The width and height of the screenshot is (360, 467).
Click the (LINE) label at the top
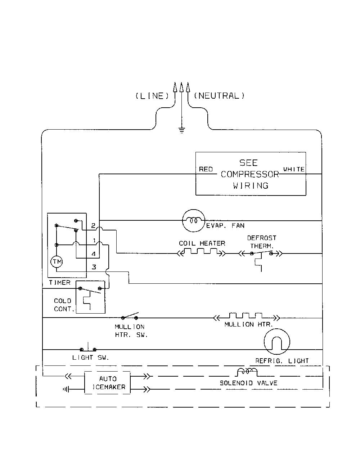tap(152, 96)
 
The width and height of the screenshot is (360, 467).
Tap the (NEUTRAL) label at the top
tap(219, 96)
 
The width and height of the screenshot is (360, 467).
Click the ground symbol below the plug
tap(182, 130)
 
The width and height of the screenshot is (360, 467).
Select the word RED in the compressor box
tap(206, 169)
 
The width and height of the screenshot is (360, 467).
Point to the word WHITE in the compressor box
tap(294, 169)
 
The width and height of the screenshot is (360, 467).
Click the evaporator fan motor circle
tap(194, 220)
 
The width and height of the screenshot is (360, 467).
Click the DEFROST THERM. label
tap(262, 242)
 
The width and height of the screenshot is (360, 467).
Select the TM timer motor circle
tap(57, 262)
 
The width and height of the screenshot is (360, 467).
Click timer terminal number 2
tap(93, 226)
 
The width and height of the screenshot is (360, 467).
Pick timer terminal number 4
tap(94, 254)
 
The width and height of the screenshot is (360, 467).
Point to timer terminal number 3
tap(94, 267)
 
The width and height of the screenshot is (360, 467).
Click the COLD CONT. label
tap(64, 305)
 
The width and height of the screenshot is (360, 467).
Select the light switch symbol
tap(88, 347)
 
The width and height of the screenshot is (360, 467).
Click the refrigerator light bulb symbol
tap(277, 341)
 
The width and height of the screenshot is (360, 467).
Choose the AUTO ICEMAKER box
tap(107, 383)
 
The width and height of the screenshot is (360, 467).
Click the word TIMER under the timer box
tap(60, 283)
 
